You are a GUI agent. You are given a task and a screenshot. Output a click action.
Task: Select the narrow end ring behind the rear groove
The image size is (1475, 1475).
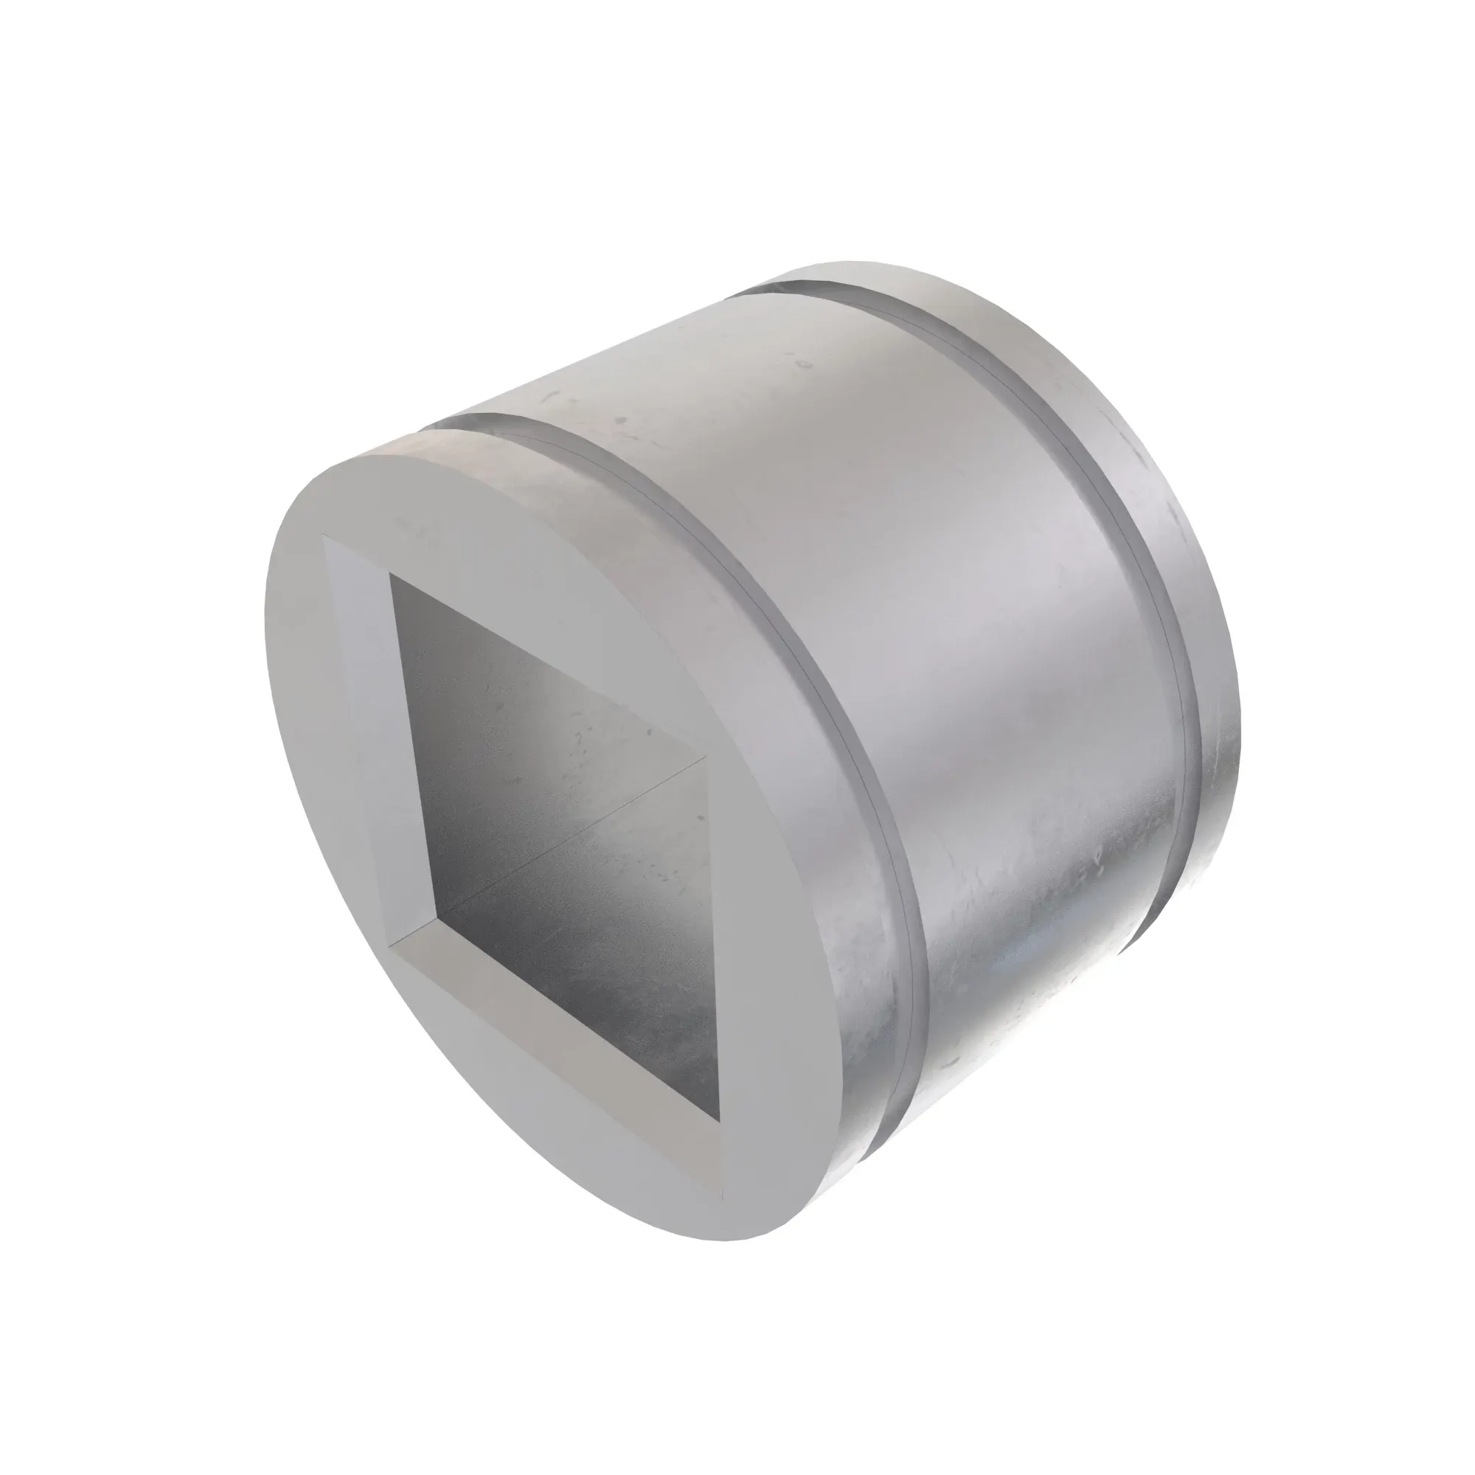point(1160,535)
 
